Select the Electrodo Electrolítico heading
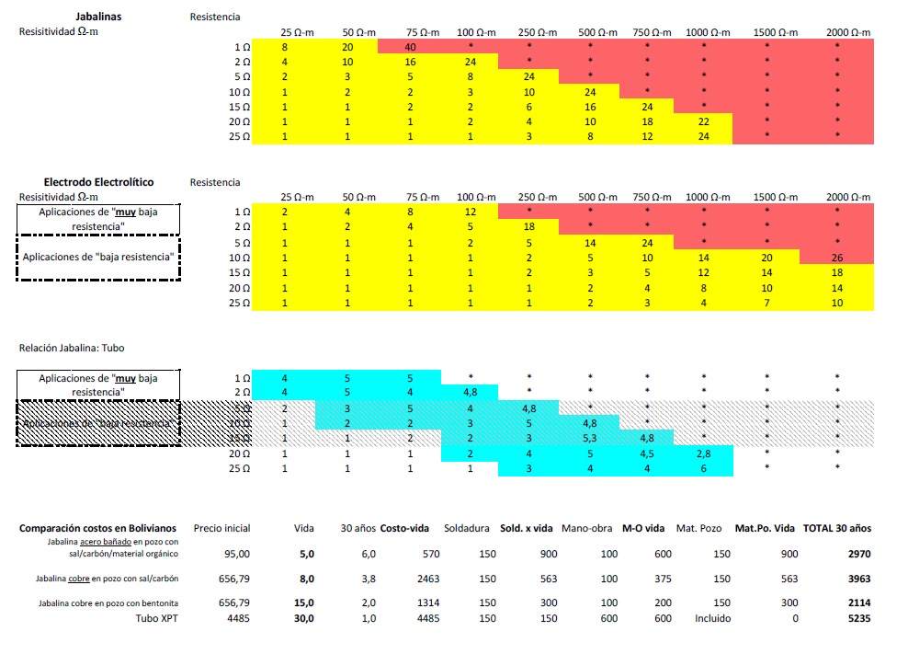coord(97,181)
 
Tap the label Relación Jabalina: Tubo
coord(72,348)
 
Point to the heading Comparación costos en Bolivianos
coord(97,528)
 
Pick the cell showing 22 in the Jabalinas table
coord(704,121)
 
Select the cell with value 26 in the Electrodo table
coord(837,258)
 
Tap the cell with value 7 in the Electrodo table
coord(767,303)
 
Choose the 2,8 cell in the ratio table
coord(704,453)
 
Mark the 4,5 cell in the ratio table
coord(647,453)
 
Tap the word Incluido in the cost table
coord(712,618)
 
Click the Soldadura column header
coord(466,528)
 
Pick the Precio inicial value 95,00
coord(236,554)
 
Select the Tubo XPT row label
coord(156,618)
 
